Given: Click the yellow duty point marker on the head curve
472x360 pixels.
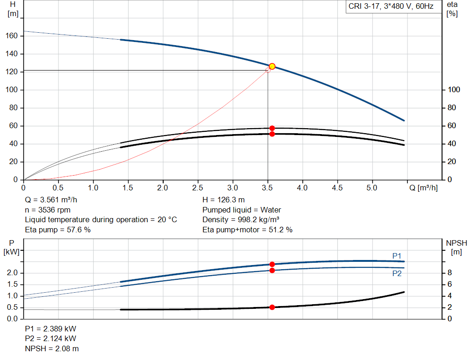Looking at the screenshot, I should pyautogui.click(x=272, y=66).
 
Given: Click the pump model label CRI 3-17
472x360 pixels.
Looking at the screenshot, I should pyautogui.click(x=390, y=7).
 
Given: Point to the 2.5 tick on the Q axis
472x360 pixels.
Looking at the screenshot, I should pyautogui.click(x=198, y=188).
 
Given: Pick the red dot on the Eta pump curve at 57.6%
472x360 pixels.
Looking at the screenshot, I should pyautogui.click(x=272, y=128).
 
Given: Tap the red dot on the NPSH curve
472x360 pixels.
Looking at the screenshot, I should pyautogui.click(x=272, y=307).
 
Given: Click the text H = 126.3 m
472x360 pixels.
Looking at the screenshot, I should pyautogui.click(x=224, y=200).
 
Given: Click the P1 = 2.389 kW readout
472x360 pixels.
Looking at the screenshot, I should pyautogui.click(x=50, y=330).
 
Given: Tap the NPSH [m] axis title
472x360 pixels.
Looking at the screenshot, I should pyautogui.click(x=456, y=247).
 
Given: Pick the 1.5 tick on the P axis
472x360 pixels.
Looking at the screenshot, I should pyautogui.click(x=12, y=284).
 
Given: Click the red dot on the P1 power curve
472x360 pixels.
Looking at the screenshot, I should pyautogui.click(x=272, y=264).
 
